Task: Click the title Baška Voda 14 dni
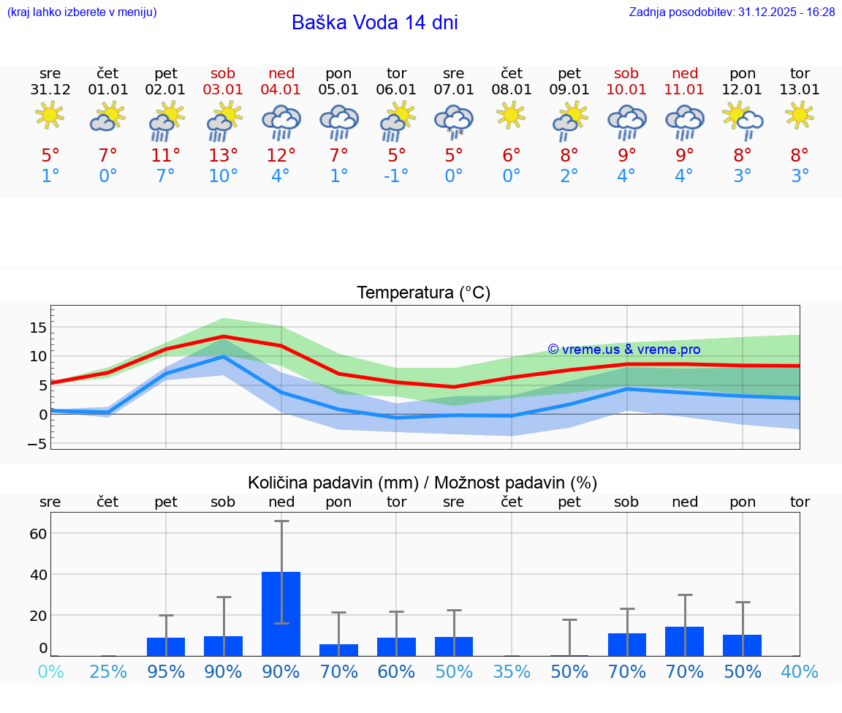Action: click(x=374, y=23)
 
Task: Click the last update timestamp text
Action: click(x=732, y=12)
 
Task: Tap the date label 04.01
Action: click(x=281, y=89)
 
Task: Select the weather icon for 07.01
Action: click(x=454, y=121)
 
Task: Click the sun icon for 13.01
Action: click(x=800, y=115)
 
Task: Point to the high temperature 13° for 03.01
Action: click(x=224, y=155)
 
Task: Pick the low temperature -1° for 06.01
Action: click(x=396, y=176)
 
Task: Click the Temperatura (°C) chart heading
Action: click(x=423, y=293)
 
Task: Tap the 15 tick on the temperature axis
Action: click(x=38, y=327)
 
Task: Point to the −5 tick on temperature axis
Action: click(x=37, y=444)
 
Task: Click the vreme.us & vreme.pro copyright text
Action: click(x=623, y=350)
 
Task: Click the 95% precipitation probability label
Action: click(x=166, y=671)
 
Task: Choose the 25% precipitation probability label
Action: click(x=108, y=671)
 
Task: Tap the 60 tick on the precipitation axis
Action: click(x=38, y=533)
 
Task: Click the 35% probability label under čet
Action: click(x=512, y=671)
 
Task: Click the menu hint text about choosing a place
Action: click(x=82, y=12)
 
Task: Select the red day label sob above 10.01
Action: click(x=626, y=73)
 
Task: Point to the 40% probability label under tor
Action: click(x=800, y=671)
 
